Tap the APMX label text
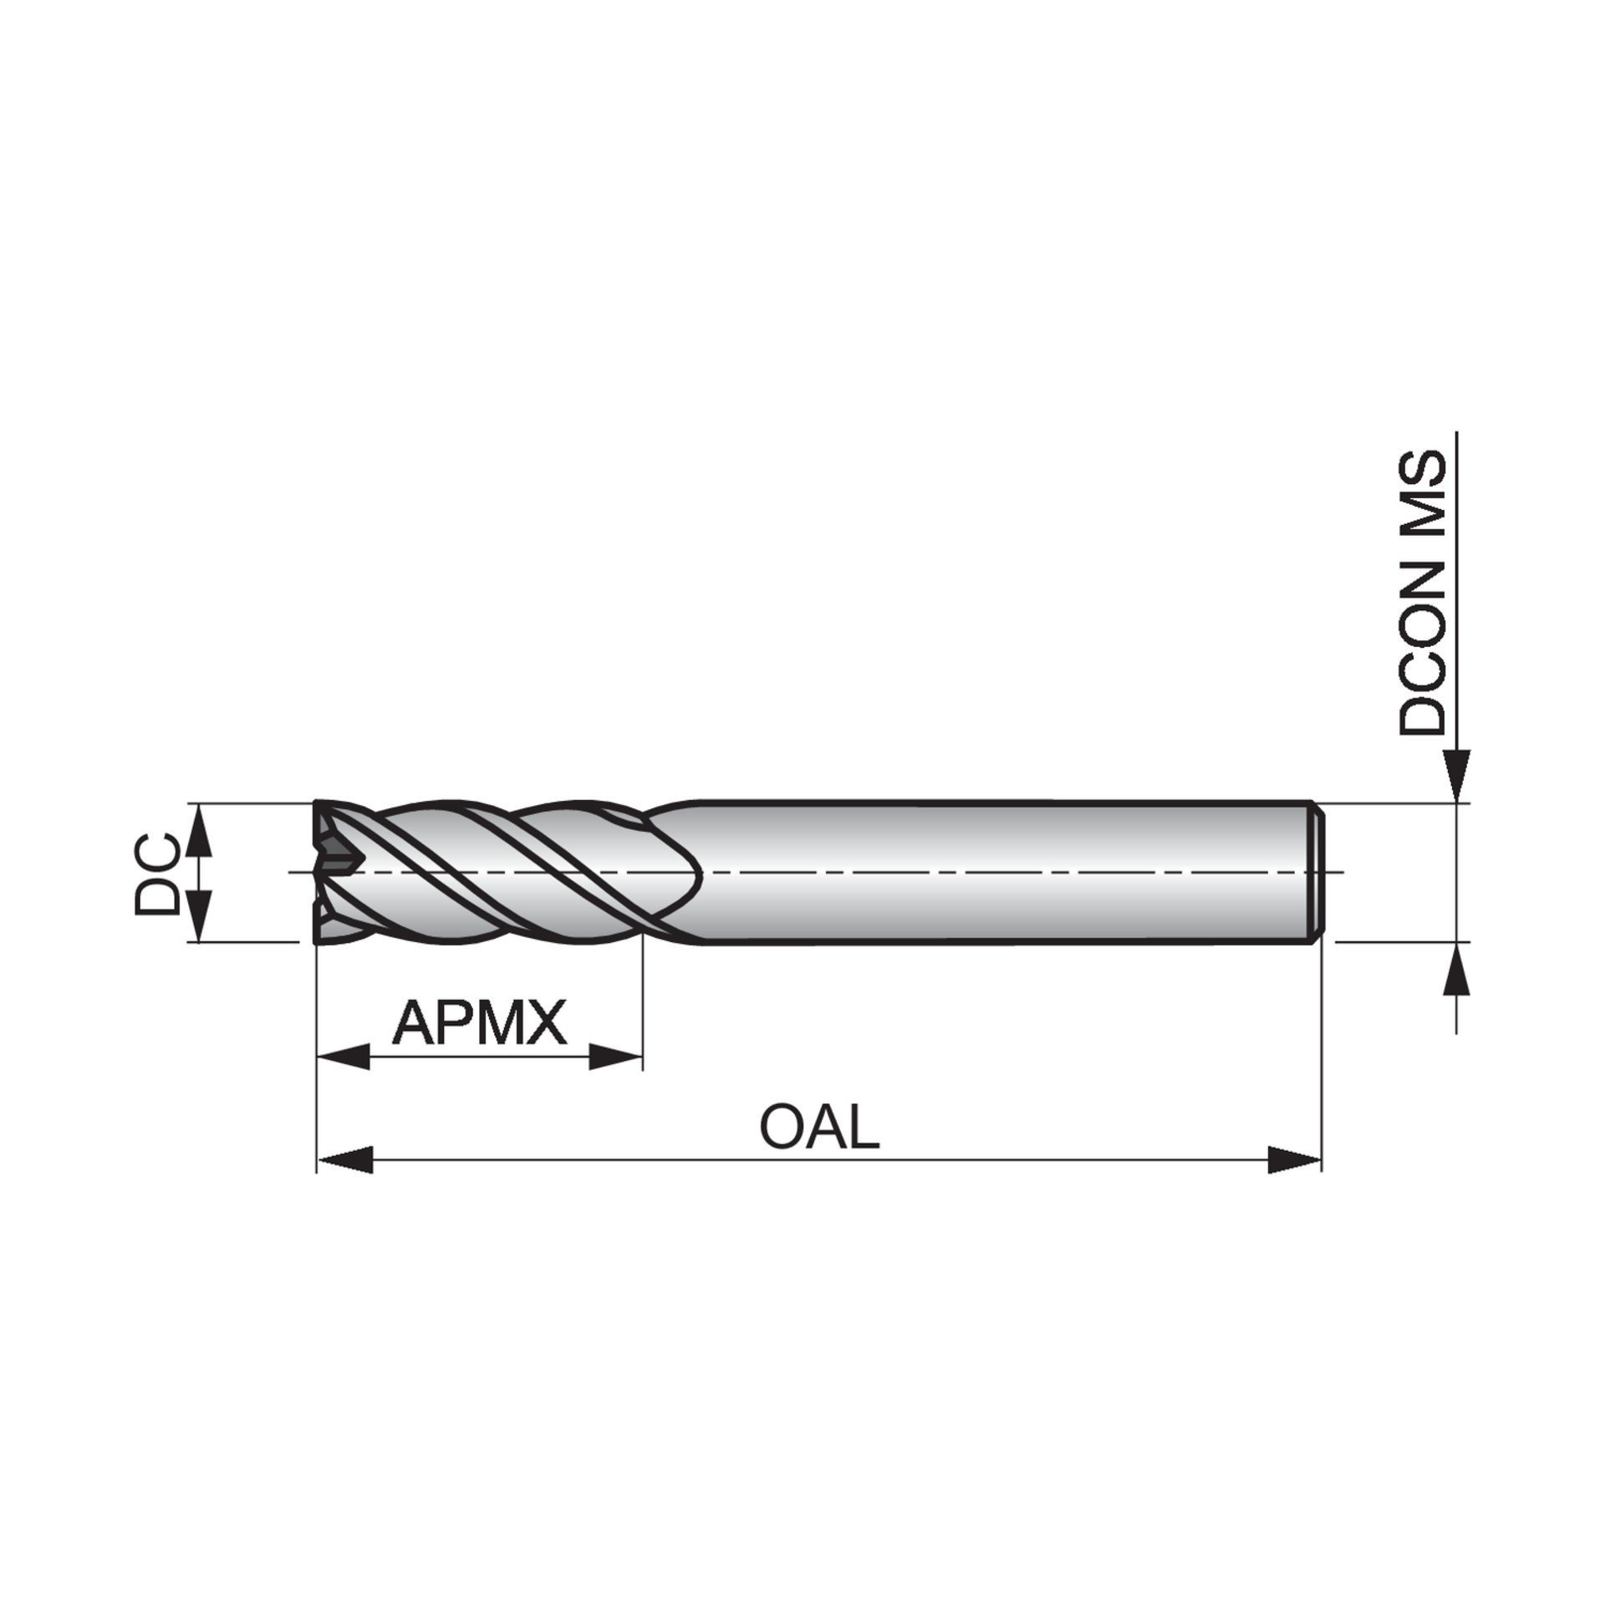479,1022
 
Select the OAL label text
819,1126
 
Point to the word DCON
1422,648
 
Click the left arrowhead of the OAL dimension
344,1160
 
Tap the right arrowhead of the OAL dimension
1295,1160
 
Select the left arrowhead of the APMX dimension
344,1057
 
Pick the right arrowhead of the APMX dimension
615,1057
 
